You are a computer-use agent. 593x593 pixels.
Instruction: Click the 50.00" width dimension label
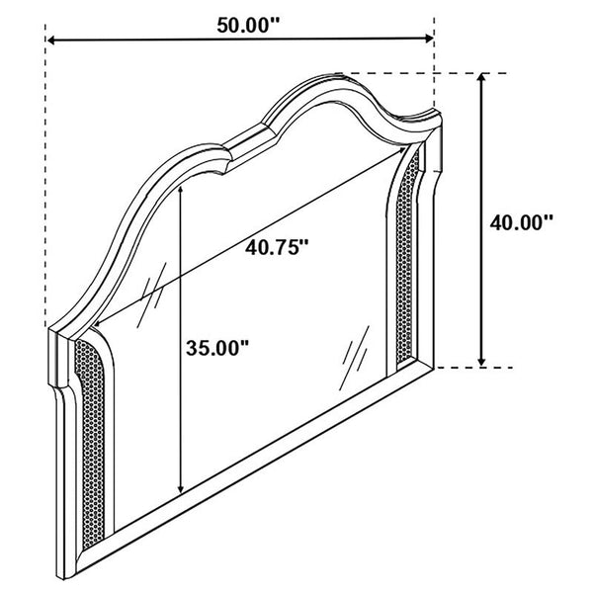pos(248,26)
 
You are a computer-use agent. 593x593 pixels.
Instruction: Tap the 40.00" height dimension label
pos(521,222)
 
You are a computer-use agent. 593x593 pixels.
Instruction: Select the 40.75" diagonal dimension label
pos(277,248)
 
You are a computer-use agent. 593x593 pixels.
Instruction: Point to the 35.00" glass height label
pos(217,348)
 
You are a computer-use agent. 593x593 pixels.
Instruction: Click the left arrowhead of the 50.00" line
pos(50,41)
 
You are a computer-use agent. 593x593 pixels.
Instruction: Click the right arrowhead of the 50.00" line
pos(429,38)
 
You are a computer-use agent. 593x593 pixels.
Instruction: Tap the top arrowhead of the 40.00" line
pos(481,77)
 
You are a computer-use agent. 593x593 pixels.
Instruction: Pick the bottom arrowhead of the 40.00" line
pos(481,362)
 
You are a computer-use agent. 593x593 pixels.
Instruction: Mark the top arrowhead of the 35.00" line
pos(182,190)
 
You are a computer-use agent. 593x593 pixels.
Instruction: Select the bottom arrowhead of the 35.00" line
pos(182,489)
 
